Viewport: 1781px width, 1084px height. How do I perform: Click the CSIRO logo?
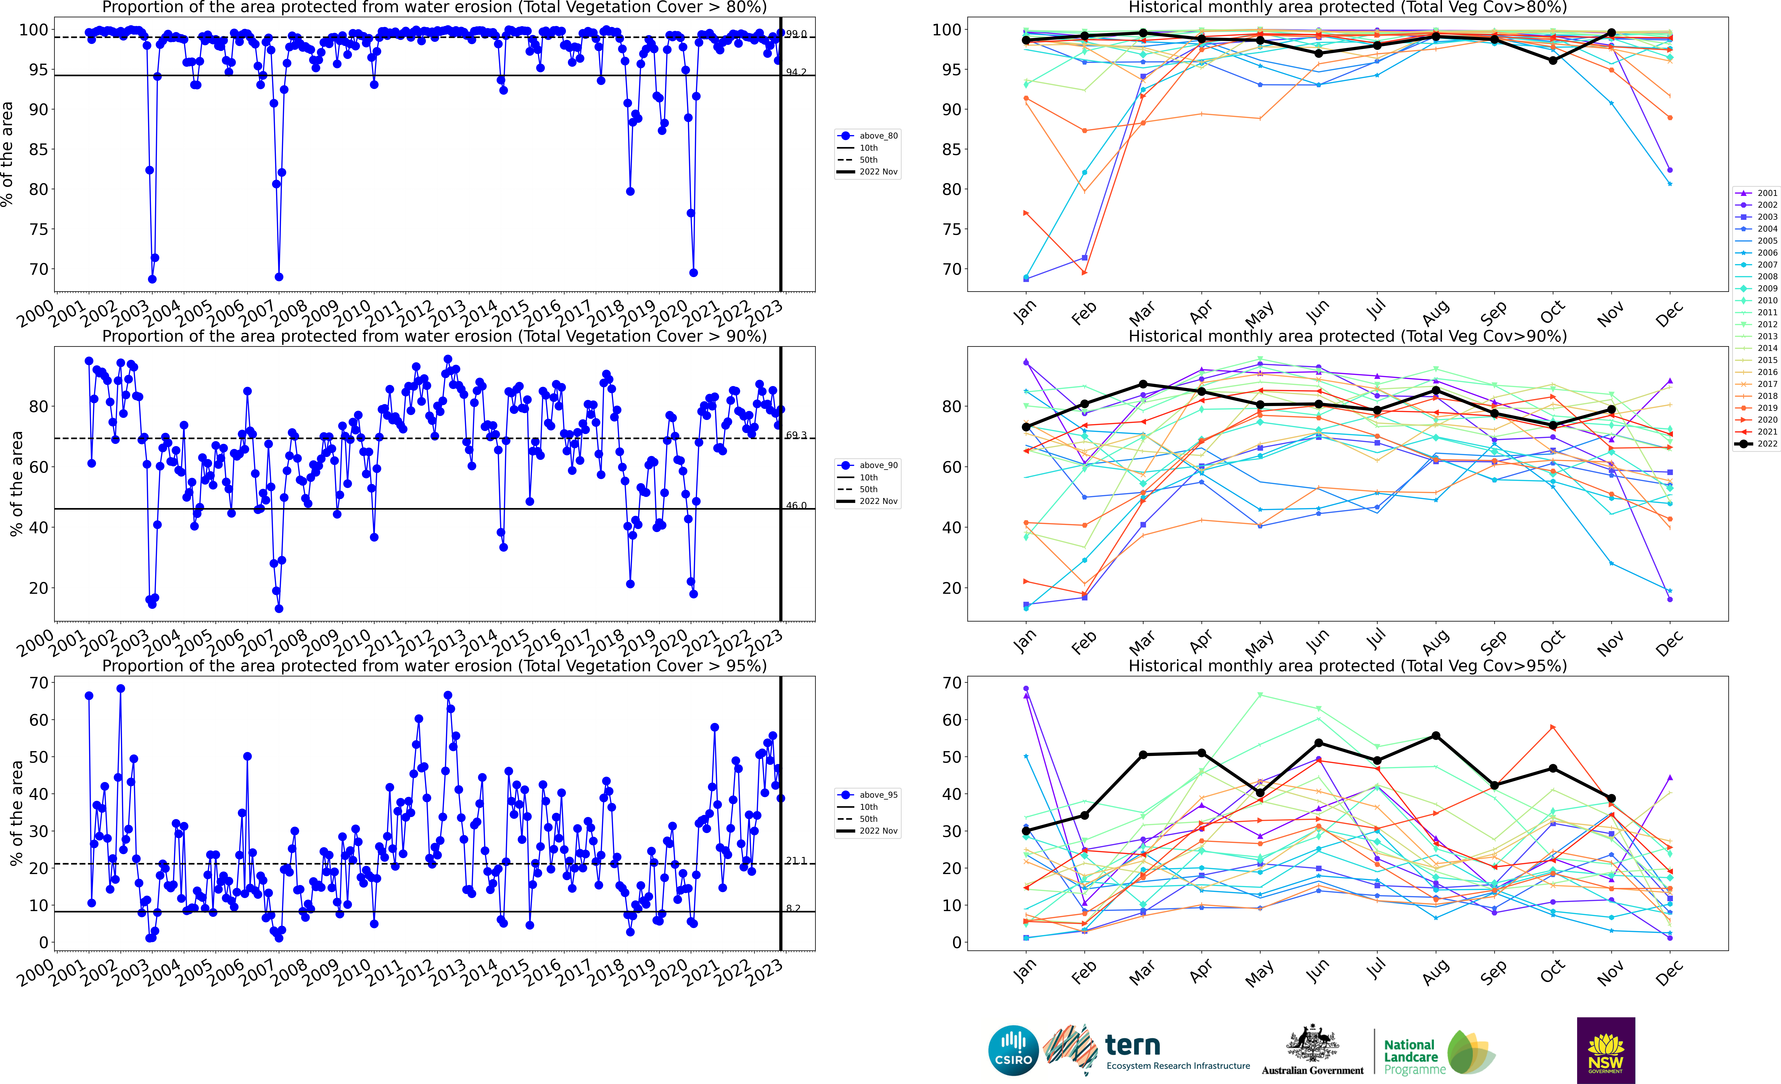click(1013, 1050)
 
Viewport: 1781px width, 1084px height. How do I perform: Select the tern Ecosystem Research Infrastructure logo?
click(1148, 1050)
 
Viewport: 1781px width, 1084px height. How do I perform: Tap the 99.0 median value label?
click(797, 34)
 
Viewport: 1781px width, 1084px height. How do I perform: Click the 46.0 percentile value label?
click(797, 505)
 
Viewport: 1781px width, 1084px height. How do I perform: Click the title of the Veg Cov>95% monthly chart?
click(1347, 666)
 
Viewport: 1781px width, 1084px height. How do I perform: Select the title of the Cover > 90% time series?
click(434, 336)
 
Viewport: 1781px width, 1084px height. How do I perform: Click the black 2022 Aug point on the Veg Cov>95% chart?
click(1436, 736)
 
